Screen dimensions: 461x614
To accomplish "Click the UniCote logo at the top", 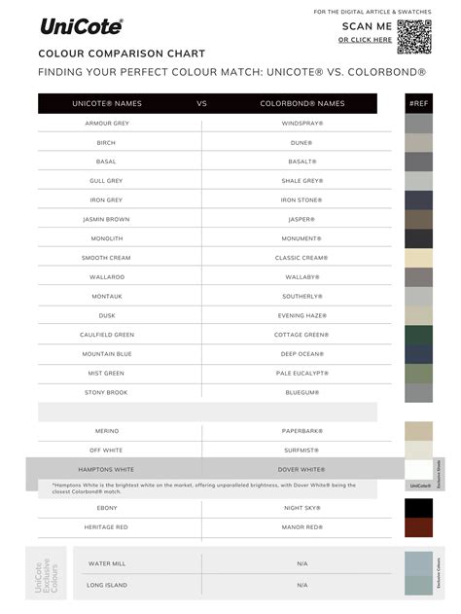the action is coord(81,26).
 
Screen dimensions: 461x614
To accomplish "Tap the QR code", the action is coord(412,33).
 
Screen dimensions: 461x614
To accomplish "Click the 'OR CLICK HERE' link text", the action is coord(366,40).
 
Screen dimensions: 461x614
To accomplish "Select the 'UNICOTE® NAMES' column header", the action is coord(107,103).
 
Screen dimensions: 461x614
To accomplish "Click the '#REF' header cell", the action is coord(419,103).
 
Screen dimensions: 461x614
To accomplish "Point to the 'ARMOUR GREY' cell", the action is coord(106,124).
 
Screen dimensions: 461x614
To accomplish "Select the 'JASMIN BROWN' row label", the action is coord(106,219).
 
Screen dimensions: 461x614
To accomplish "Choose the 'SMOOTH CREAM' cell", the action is coord(106,258).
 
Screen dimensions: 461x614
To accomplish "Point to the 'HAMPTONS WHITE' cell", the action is coord(106,469).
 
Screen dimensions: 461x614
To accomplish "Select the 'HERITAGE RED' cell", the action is coord(106,526).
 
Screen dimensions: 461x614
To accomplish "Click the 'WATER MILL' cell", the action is coord(106,563).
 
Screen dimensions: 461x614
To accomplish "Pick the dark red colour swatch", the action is coord(418,527).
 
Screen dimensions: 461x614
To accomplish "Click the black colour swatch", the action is coord(418,508).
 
